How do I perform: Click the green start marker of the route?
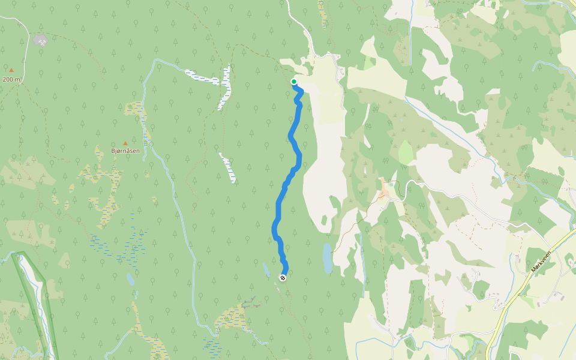click(294, 82)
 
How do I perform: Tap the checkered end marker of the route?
click(283, 277)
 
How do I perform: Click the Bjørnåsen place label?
click(125, 151)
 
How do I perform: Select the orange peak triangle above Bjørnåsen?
click(125, 143)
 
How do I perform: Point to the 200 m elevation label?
click(11, 79)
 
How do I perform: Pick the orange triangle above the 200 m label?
click(11, 70)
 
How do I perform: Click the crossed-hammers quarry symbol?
click(40, 41)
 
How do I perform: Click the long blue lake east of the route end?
click(327, 258)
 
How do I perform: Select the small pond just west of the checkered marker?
click(266, 269)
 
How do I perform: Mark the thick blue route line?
click(280, 204)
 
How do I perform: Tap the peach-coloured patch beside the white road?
click(383, 188)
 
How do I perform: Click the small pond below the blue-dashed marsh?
click(130, 279)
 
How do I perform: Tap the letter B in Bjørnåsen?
click(113, 151)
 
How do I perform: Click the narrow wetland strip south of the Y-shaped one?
click(228, 168)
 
